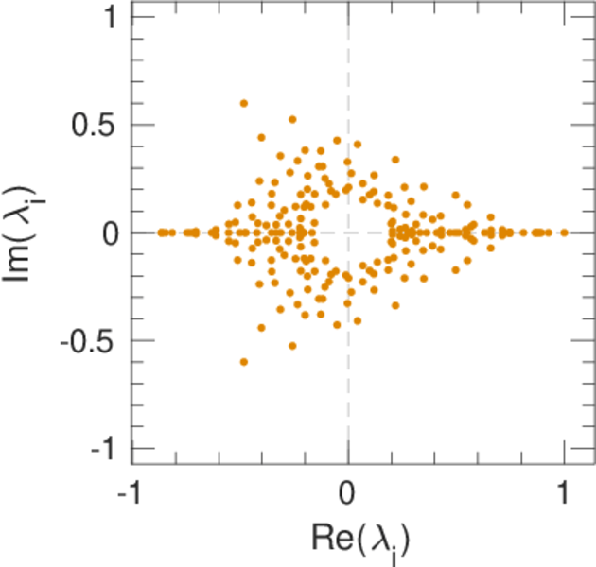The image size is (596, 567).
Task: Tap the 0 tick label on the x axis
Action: (348, 496)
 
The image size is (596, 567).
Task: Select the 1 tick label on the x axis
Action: (565, 496)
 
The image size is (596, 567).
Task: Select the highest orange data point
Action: (244, 103)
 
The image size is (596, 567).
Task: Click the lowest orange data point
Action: (244, 361)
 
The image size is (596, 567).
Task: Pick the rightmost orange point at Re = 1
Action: (565, 232)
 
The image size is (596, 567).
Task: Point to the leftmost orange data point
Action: (161, 232)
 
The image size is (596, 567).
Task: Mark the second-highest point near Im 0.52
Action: (292, 120)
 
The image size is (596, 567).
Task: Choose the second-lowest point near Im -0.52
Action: (292, 345)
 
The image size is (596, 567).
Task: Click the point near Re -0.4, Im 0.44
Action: (261, 137)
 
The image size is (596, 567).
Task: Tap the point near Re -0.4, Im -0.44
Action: (261, 327)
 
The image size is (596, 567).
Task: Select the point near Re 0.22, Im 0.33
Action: (395, 161)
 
